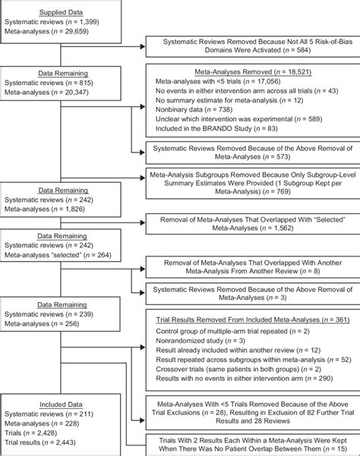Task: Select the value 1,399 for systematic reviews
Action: pyautogui.click(x=106, y=25)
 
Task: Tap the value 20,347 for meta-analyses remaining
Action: pyautogui.click(x=96, y=98)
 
